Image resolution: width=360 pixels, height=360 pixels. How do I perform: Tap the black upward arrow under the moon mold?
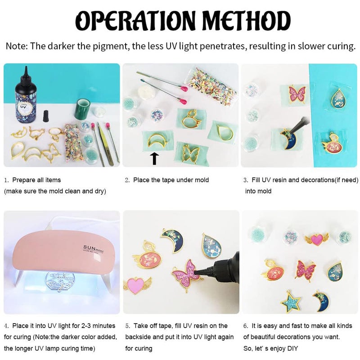pyautogui.click(x=155, y=159)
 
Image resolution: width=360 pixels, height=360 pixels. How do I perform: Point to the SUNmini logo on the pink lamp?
pyautogui.click(x=94, y=249)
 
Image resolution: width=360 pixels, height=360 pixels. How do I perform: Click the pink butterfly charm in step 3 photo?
pyautogui.click(x=297, y=94)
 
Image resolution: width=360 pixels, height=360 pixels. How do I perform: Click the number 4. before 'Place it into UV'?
pyautogui.click(x=6, y=326)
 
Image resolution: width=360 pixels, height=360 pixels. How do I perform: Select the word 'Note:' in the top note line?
pyautogui.click(x=17, y=46)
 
